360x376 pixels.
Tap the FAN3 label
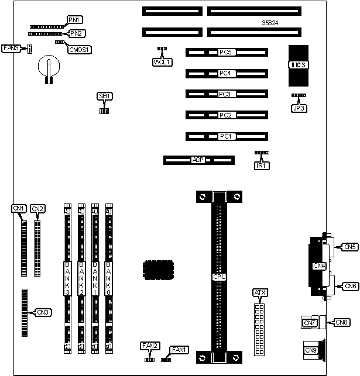(11, 48)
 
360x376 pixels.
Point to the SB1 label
(104, 96)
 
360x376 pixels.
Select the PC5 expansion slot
(227, 52)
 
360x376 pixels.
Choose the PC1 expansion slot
(227, 136)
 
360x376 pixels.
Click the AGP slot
(198, 159)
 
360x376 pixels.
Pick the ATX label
(259, 292)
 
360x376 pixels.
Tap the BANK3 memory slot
(68, 280)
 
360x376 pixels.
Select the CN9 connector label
(311, 350)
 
